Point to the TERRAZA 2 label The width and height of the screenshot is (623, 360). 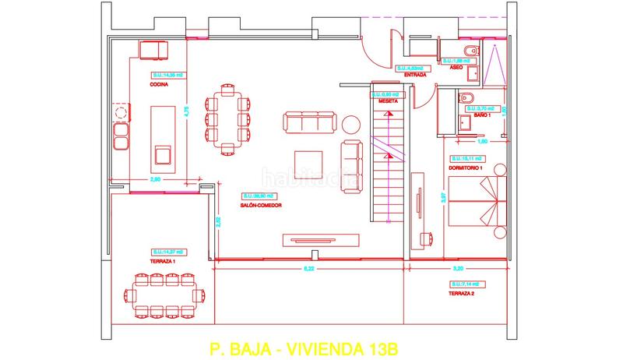point(462,295)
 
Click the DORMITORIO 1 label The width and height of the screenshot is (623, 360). point(466,168)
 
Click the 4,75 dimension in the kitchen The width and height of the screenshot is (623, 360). point(185,111)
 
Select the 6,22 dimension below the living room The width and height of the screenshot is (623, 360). point(309,269)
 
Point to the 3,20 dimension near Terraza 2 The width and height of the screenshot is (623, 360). point(457,269)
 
